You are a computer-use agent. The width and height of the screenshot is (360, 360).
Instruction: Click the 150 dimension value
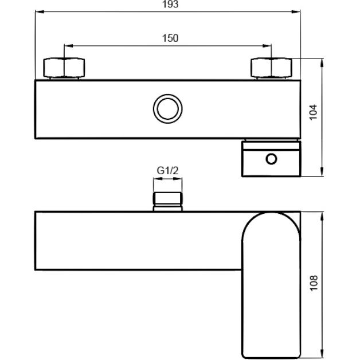point(170,38)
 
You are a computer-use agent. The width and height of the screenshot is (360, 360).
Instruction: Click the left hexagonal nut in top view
point(65,69)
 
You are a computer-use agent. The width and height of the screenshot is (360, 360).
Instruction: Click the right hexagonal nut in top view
point(271,69)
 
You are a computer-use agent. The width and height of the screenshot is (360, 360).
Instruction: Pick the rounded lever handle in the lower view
point(271,284)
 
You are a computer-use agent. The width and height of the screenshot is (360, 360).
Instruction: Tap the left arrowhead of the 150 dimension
point(67,45)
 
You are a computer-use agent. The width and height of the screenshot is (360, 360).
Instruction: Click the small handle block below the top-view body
point(271,158)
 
